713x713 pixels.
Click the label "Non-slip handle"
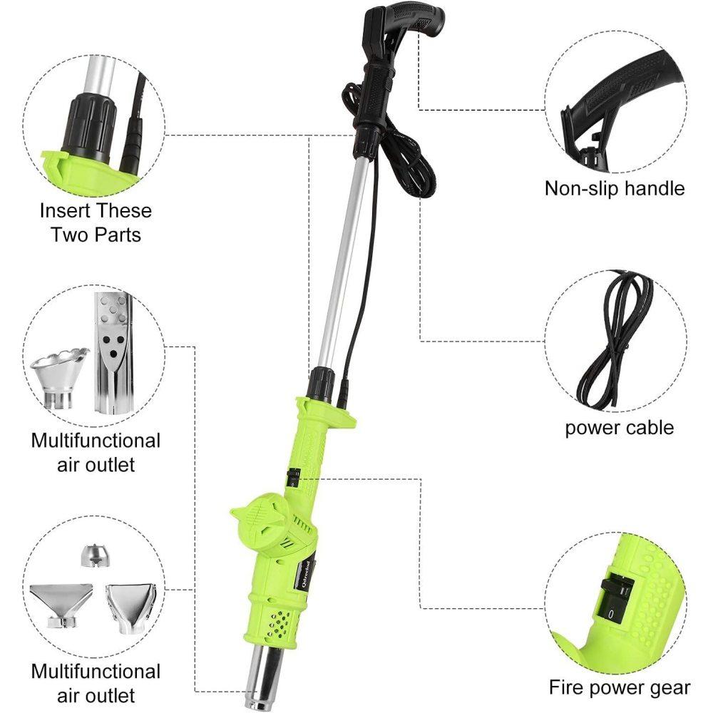[x=614, y=188]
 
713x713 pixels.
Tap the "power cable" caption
[x=619, y=427]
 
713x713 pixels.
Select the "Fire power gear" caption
[x=619, y=687]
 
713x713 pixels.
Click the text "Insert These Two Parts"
[x=96, y=222]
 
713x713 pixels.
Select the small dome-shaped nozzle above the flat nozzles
[x=91, y=554]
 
